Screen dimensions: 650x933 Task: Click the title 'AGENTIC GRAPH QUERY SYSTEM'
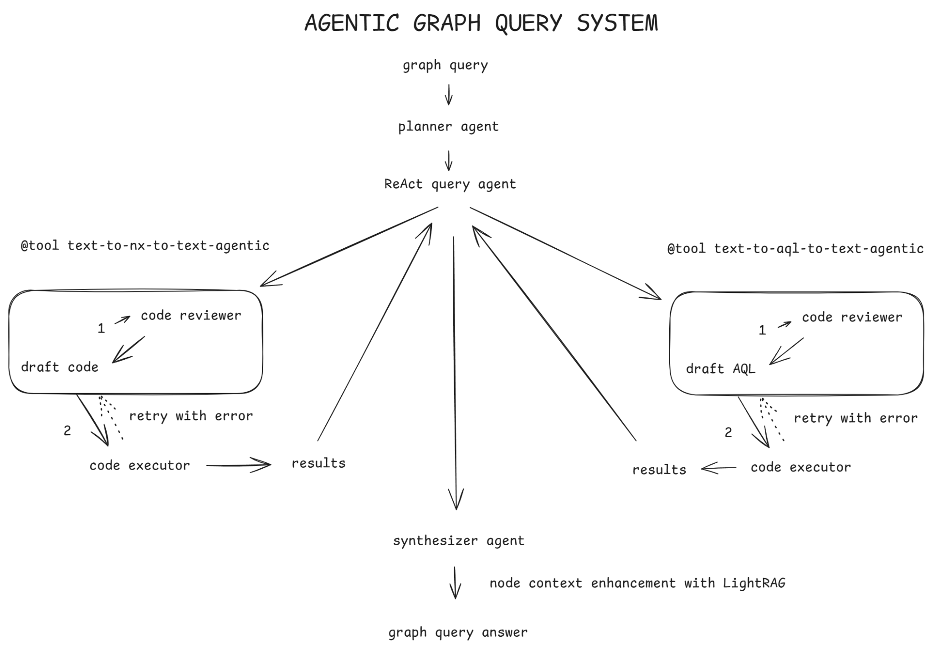pyautogui.click(x=481, y=23)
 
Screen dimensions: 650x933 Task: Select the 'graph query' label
pyautogui.click(x=445, y=66)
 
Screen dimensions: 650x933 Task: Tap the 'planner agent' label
pyautogui.click(x=448, y=127)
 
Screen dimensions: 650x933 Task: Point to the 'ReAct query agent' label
pyautogui.click(x=450, y=184)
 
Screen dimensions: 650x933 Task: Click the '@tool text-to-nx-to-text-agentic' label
pyautogui.click(x=145, y=246)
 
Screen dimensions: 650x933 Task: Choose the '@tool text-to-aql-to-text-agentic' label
pyautogui.click(x=795, y=249)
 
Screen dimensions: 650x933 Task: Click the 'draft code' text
pyautogui.click(x=60, y=367)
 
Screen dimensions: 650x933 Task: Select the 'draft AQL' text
pyautogui.click(x=721, y=369)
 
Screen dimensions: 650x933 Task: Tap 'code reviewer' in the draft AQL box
pyautogui.click(x=852, y=317)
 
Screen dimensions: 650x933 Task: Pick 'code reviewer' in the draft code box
pyautogui.click(x=191, y=316)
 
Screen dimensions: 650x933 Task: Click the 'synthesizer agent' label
pyautogui.click(x=459, y=541)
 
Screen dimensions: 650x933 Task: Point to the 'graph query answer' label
pyautogui.click(x=458, y=633)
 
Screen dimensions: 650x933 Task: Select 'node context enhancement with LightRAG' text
pyautogui.click(x=637, y=583)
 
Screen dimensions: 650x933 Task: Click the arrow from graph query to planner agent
pyautogui.click(x=449, y=95)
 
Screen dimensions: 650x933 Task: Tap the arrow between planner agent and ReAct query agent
pyautogui.click(x=449, y=161)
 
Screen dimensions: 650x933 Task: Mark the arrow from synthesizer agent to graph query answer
pyautogui.click(x=455, y=583)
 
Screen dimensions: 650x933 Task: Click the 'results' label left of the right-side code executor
pyautogui.click(x=659, y=470)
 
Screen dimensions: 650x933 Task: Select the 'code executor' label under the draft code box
pyautogui.click(x=139, y=466)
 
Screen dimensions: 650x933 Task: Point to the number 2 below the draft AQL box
pyautogui.click(x=728, y=433)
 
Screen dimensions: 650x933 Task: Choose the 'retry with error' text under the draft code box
pyautogui.click(x=191, y=416)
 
